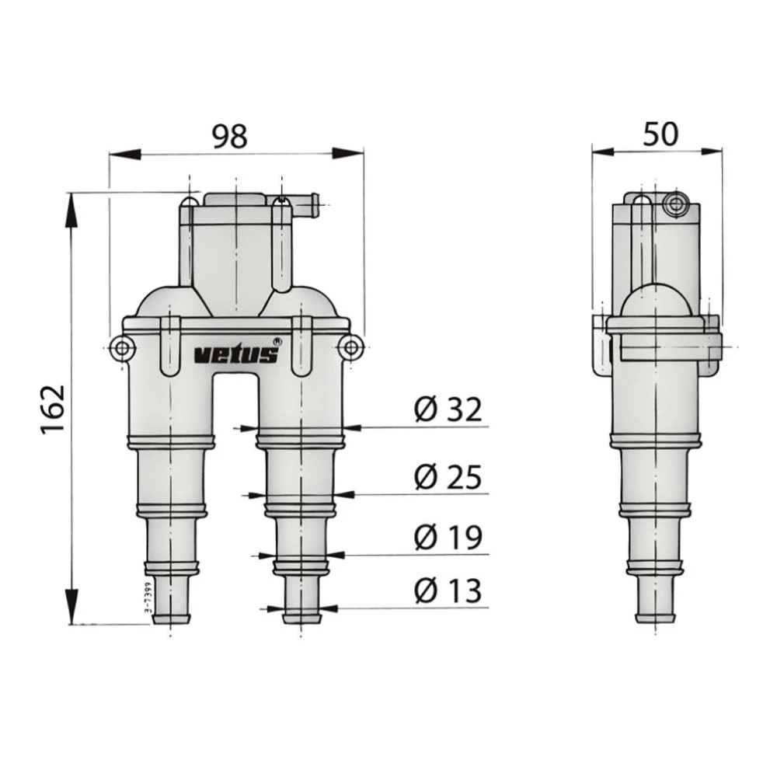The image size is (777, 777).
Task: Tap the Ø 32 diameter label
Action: coord(448,409)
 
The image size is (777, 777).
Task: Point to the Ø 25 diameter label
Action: coord(448,477)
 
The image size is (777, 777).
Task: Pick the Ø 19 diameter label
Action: coord(448,538)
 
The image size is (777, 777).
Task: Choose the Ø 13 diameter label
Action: coord(448,591)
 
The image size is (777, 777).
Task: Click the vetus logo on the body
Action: coord(235,355)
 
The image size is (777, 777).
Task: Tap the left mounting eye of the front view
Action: coord(121,347)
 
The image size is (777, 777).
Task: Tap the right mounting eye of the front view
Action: coord(351,347)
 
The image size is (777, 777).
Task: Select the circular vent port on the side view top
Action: coord(675,205)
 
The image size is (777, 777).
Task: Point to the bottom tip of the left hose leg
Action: coord(171,620)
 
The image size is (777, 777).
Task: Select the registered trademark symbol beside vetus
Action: coord(277,341)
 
